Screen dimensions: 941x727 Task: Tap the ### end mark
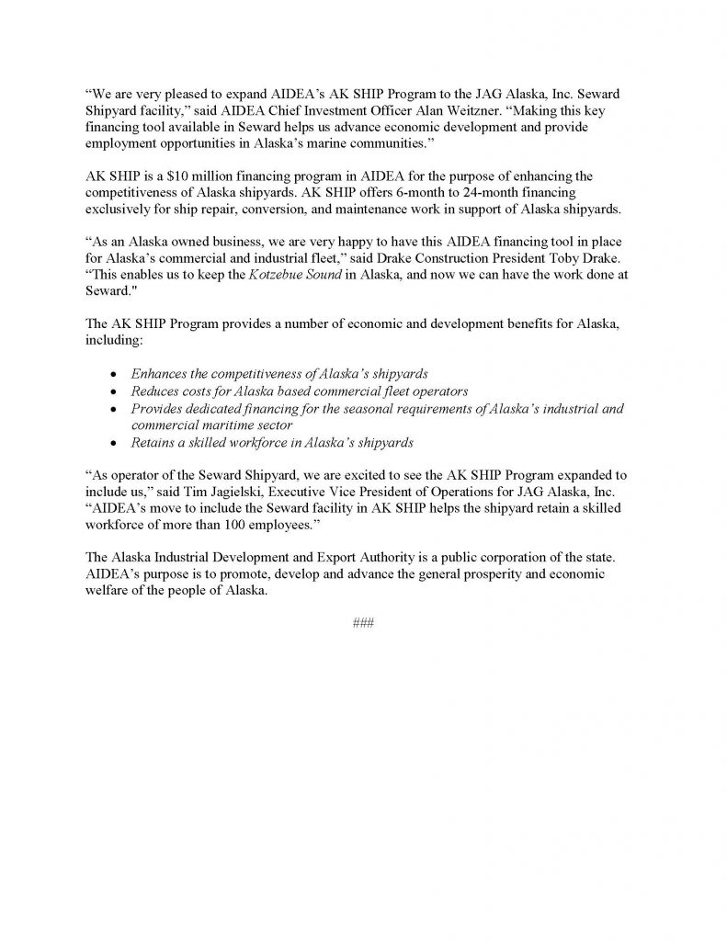[363, 622]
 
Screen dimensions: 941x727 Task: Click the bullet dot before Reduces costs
[112, 391]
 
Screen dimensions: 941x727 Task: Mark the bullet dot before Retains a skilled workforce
[112, 442]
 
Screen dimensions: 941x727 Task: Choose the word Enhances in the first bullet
[161, 374]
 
